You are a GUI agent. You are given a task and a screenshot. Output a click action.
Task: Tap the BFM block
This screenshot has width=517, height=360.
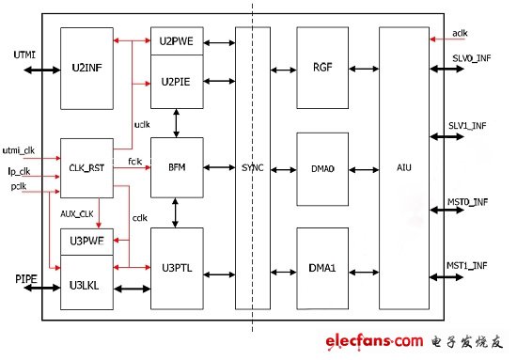coord(177,167)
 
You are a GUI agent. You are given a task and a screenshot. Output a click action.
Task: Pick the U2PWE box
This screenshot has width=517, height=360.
coord(177,41)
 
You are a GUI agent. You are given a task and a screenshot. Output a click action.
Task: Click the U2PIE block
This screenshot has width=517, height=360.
coord(177,81)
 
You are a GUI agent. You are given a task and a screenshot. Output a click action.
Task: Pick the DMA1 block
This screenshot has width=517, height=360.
coord(323,266)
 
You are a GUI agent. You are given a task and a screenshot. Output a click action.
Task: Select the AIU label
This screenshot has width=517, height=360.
coord(403,167)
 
